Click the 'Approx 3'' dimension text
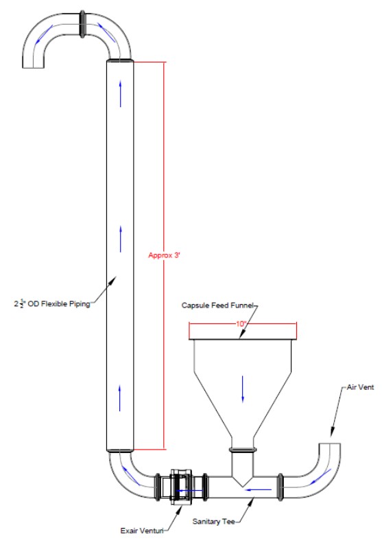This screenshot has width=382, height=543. click(165, 255)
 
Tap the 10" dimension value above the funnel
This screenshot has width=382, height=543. click(241, 324)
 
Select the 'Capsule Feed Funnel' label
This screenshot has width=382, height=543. click(217, 305)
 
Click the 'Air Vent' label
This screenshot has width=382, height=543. click(360, 387)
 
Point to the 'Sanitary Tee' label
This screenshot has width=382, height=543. click(214, 521)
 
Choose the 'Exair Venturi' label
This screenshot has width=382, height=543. click(142, 531)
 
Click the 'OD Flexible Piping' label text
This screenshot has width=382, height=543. click(59, 304)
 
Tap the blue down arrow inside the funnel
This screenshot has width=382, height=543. click(243, 389)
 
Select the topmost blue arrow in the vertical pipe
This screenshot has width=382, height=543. click(121, 93)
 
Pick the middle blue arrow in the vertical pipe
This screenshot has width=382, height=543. click(121, 239)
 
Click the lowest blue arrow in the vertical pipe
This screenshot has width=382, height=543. click(120, 398)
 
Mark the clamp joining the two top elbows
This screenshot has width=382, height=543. click(83, 24)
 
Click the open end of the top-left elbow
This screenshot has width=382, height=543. click(33, 67)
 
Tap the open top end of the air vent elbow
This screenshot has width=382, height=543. click(329, 443)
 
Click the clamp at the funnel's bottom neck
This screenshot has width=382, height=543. click(243, 450)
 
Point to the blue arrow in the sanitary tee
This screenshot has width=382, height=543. click(258, 489)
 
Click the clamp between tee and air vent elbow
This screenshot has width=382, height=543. click(280, 487)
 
